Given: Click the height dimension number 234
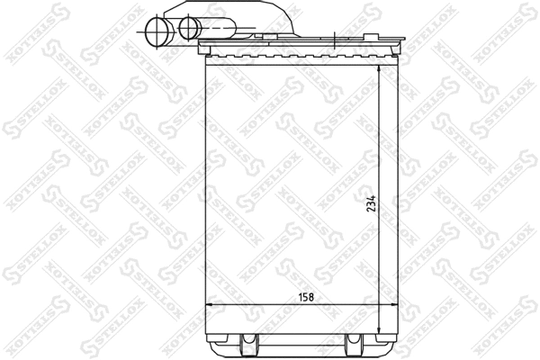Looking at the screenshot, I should tap(370, 206).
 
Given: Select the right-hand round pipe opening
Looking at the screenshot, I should tap(188, 29).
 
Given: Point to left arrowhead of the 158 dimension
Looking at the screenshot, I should tap(211, 306).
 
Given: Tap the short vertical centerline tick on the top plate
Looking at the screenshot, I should tap(334, 40).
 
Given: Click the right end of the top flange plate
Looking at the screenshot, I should tap(403, 40).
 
